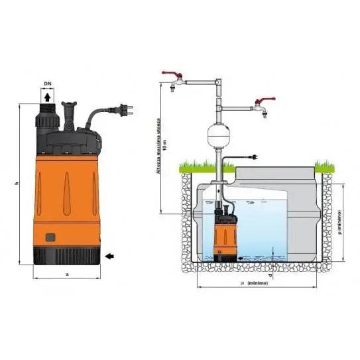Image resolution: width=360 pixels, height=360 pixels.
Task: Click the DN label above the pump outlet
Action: (x=48, y=84)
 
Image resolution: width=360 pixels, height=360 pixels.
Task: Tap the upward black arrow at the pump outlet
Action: (x=48, y=99)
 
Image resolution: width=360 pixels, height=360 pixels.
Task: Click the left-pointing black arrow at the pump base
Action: (x=109, y=253)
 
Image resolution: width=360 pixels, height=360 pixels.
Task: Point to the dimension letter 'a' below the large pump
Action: (x=68, y=273)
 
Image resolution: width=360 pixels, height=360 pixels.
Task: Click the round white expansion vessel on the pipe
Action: (x=221, y=133)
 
